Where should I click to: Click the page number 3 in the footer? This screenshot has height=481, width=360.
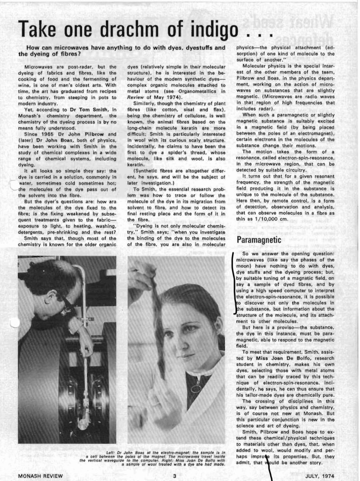click(174, 476)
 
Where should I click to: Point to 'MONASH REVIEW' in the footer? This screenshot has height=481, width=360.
click(40, 476)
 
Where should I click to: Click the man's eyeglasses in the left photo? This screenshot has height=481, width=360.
click(65, 303)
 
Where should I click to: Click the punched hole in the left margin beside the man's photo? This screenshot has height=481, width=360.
click(15, 322)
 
